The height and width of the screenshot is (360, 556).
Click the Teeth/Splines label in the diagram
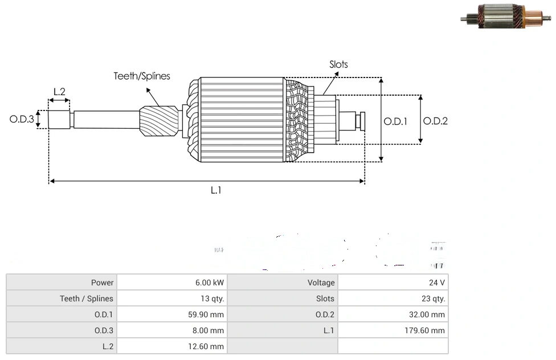(x=142, y=76)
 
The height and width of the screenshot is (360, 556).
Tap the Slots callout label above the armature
(x=338, y=64)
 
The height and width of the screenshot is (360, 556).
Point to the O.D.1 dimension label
(x=395, y=121)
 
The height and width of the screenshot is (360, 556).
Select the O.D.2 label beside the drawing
(x=435, y=121)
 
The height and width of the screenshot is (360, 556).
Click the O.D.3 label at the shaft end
(x=22, y=120)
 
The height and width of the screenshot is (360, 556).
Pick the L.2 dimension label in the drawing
(x=59, y=91)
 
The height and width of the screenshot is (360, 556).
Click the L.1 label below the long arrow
(x=215, y=191)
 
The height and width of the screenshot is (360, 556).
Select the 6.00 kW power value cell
(x=210, y=283)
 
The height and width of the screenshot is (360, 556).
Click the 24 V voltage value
(x=437, y=283)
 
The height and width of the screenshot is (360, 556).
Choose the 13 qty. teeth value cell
(x=210, y=298)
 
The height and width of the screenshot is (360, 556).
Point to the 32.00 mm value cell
(x=430, y=314)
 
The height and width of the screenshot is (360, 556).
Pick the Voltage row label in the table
(x=321, y=283)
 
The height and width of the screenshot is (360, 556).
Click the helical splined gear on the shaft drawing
(x=159, y=123)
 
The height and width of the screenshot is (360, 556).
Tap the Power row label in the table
(x=103, y=283)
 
